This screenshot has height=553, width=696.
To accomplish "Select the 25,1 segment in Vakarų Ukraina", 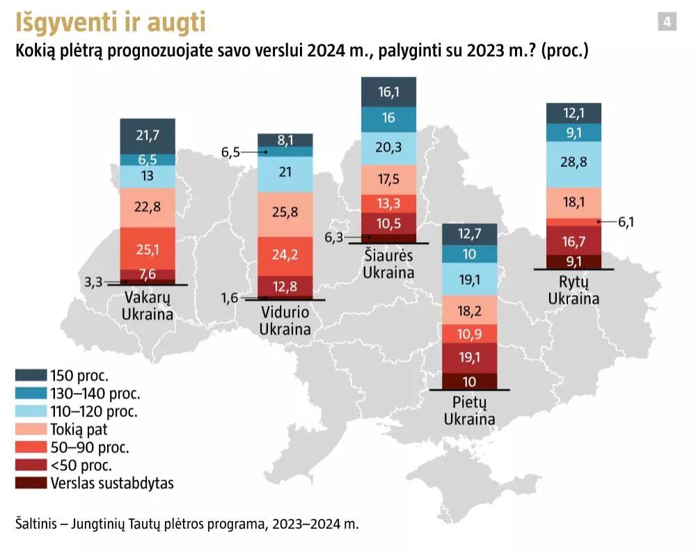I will tap(148, 248).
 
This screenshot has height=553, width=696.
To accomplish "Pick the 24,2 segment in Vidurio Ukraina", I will tap(285, 255).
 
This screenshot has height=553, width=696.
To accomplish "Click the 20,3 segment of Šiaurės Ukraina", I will tap(388, 147).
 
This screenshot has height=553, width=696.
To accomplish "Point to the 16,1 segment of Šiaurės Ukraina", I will tap(388, 92).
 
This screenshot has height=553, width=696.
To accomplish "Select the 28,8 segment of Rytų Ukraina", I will tap(574, 161).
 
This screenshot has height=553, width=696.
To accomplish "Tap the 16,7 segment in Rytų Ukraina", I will tap(574, 241).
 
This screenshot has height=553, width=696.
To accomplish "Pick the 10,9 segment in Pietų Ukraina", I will tap(470, 334).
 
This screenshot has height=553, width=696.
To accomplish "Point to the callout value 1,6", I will tap(230, 298).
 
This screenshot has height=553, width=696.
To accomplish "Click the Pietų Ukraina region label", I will tap(470, 410).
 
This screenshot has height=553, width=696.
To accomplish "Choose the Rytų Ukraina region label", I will tap(574, 289).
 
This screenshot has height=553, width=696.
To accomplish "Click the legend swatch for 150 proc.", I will tap(31, 376).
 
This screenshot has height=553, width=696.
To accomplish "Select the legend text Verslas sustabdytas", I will tap(112, 483).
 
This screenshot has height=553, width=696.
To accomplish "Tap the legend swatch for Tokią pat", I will tap(31, 429).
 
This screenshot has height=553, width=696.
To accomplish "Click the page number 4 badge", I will tap(666, 22).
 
